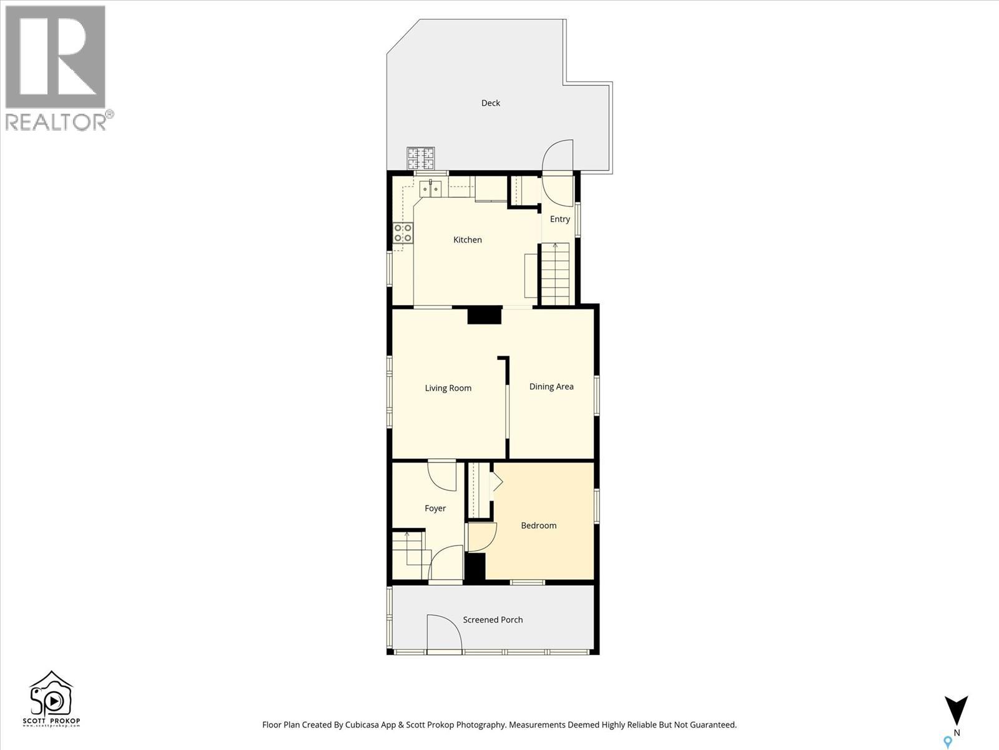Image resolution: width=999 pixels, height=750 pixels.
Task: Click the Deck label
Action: [491, 103]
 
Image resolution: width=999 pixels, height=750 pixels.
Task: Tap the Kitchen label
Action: [468, 239]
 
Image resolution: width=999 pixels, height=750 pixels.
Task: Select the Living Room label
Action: [448, 388]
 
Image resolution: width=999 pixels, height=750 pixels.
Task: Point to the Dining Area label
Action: [551, 387]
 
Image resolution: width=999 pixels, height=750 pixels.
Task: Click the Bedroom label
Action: [538, 526]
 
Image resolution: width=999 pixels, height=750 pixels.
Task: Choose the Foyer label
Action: [435, 508]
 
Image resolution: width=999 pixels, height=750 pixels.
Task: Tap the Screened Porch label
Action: [493, 620]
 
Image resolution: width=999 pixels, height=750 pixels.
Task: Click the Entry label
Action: [560, 219]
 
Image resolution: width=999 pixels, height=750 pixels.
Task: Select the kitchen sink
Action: [430, 189]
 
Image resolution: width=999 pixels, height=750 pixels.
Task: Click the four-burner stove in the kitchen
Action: [403, 232]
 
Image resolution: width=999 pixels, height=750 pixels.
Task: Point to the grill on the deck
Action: [421, 159]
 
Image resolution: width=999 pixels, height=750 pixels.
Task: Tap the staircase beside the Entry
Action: [555, 274]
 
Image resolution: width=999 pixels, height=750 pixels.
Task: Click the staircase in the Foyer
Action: [411, 554]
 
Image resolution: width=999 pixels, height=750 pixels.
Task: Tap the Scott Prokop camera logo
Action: [51, 699]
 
